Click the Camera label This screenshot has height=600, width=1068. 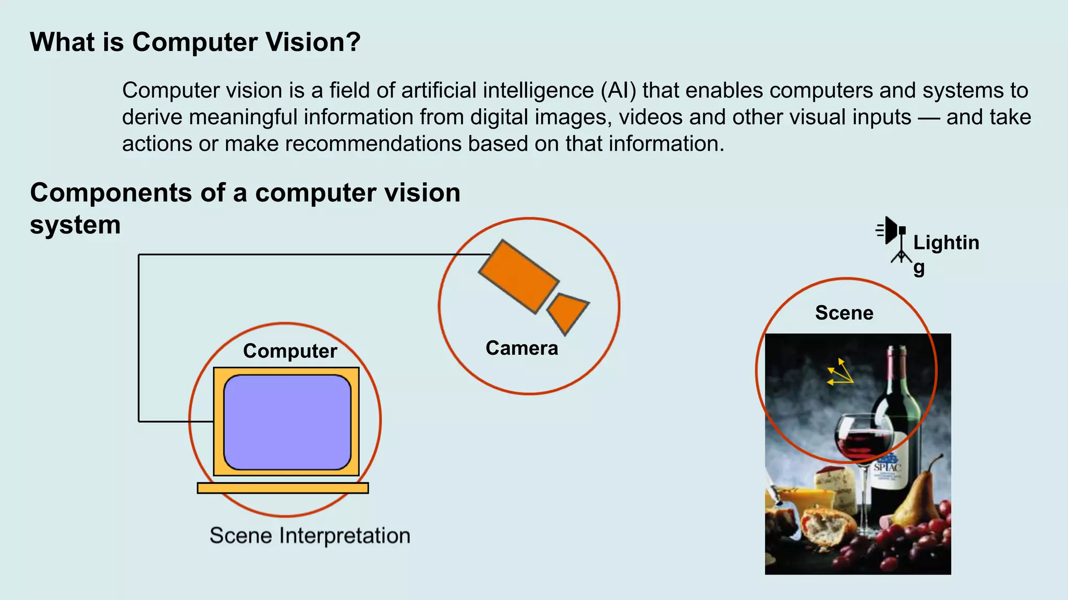pos(521,348)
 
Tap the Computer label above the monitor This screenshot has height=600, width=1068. pos(290,351)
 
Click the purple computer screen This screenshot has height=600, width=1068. pos(287,422)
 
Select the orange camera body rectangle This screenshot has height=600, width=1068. pos(518,276)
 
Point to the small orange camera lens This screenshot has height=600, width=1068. pos(567,312)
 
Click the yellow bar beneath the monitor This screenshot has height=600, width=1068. pos(283,488)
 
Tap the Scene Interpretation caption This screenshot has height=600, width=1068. pos(310,535)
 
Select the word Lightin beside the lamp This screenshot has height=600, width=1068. pos(946,243)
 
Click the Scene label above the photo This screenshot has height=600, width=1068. pos(844,313)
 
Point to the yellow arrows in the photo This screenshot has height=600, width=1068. pos(840,372)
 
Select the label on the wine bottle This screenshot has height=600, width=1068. pos(890,469)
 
